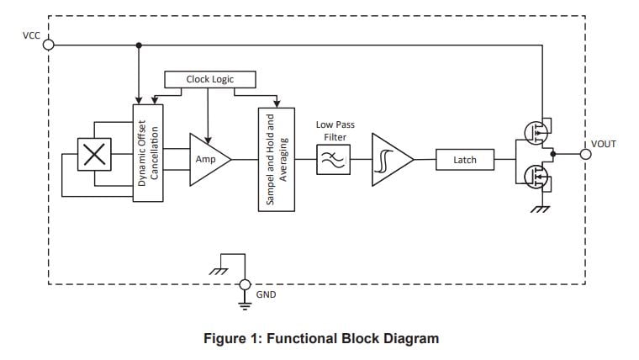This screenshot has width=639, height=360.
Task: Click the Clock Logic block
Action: tap(209, 79)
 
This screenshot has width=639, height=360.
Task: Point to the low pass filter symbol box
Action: tap(332, 157)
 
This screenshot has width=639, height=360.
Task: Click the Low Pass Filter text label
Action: tap(335, 130)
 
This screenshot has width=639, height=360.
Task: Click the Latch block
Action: tap(464, 158)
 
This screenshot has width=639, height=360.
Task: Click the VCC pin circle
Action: tap(48, 45)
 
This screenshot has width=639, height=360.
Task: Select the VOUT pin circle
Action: tap(585, 154)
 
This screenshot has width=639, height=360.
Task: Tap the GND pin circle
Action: tap(245, 284)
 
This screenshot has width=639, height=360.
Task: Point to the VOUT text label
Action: tap(603, 144)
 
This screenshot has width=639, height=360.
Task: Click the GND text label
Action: tap(266, 294)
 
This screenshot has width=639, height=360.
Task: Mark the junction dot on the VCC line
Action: tap(138, 45)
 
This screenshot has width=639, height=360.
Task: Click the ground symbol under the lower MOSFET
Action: tap(539, 207)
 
